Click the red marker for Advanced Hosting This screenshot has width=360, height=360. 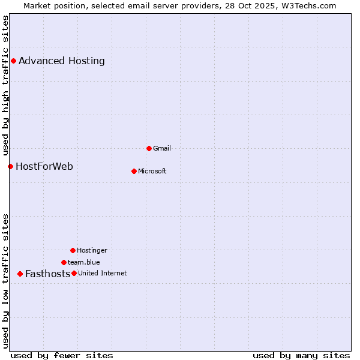[13, 61]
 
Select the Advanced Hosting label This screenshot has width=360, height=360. [62, 61]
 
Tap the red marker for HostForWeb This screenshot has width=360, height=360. [10, 166]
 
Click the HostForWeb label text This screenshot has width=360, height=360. [44, 166]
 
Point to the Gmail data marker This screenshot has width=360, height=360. [149, 148]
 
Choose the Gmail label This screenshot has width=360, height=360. [162, 148]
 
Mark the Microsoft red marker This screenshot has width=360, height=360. [134, 171]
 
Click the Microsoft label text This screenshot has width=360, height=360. [152, 171]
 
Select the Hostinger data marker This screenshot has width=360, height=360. [73, 250]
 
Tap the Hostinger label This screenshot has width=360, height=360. [92, 250]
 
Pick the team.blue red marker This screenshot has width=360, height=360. [64, 262]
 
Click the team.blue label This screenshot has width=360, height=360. [84, 262]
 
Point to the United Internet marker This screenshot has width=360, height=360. [74, 273]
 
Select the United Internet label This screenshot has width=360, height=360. [103, 273]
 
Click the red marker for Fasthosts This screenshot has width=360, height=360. [20, 274]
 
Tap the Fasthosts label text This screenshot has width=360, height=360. [47, 274]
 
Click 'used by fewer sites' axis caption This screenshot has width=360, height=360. [62, 355]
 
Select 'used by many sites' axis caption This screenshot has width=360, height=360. [301, 355]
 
